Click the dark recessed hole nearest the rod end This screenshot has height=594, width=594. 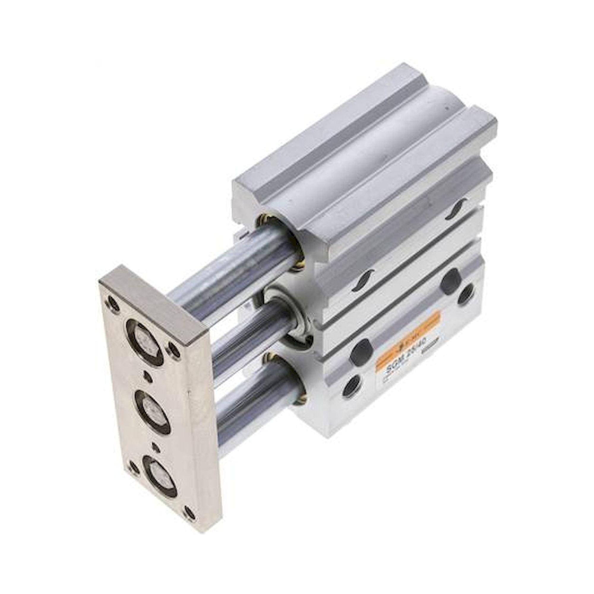point(363,348)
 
